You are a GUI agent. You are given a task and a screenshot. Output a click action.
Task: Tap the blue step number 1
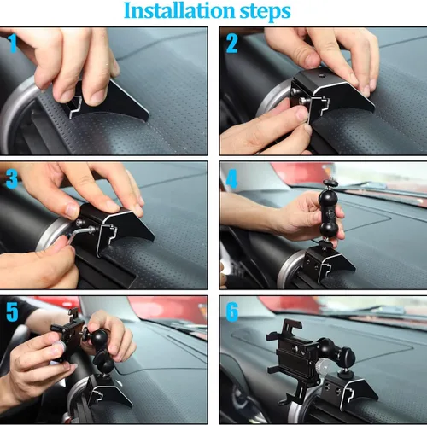coord(12,44)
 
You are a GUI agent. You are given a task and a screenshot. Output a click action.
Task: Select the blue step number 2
coord(231,44)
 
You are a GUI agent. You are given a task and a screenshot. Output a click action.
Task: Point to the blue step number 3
coord(12,179)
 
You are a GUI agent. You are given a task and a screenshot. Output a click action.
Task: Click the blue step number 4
coord(231,179)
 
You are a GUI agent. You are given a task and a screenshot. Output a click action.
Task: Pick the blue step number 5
coord(12,311)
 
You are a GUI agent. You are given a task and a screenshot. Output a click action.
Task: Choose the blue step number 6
coord(231,312)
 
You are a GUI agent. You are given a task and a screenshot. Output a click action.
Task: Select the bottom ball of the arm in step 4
coord(329,230)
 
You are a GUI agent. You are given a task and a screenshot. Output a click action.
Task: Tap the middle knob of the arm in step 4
coord(330,214)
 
